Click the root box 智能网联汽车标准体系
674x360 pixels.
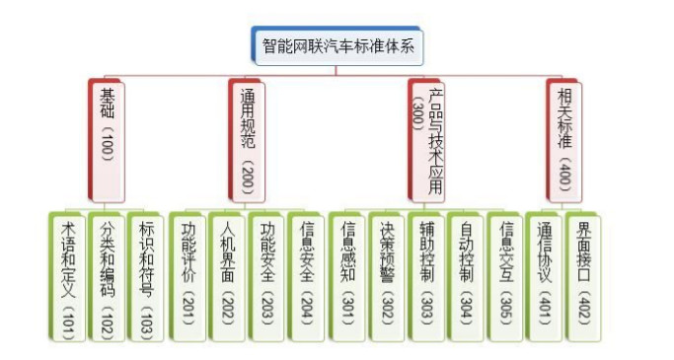pyautogui.click(x=337, y=45)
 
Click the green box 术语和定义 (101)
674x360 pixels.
pyautogui.click(x=67, y=276)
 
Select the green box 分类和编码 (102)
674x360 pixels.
pyautogui.click(x=108, y=276)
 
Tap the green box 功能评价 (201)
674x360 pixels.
pyautogui.click(x=187, y=276)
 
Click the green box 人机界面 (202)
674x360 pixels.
pyautogui.click(x=228, y=276)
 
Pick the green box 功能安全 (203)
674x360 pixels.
pyautogui.click(x=267, y=276)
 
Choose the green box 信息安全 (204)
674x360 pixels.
pyautogui.click(x=307, y=276)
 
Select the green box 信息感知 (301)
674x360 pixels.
pyautogui.click(x=347, y=276)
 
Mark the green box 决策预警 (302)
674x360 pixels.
pyautogui.click(x=388, y=276)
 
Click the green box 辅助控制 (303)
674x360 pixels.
pyautogui.click(x=427, y=276)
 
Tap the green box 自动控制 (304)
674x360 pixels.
pyautogui.click(x=467, y=276)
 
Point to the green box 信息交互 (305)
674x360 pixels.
pyautogui.click(x=506, y=276)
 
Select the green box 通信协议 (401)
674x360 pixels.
pyautogui.click(x=545, y=276)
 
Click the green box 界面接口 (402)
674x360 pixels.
pyautogui.click(x=584, y=276)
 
